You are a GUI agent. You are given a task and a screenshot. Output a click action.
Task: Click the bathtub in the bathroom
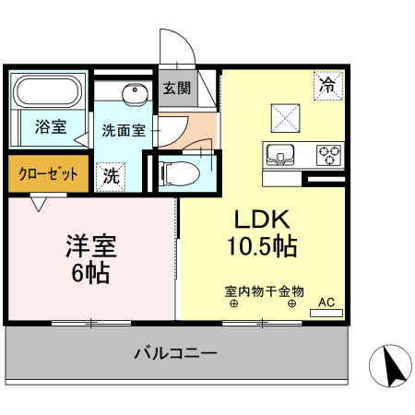click(x=47, y=92)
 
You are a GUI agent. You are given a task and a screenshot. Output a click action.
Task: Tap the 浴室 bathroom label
click(x=51, y=127)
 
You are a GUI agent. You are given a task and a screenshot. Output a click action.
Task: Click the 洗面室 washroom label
click(x=123, y=130)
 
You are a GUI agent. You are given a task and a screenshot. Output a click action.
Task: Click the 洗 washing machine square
click(x=110, y=174)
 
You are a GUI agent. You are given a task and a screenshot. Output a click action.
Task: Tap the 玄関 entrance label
click(x=177, y=89)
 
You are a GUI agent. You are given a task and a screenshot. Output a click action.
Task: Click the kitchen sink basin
click(x=279, y=154)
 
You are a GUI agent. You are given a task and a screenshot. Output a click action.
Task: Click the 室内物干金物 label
click(x=264, y=291)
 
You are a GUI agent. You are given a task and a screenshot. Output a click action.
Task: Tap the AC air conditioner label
click(x=326, y=302)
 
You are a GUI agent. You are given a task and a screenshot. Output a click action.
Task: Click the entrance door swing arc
click(x=174, y=46)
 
